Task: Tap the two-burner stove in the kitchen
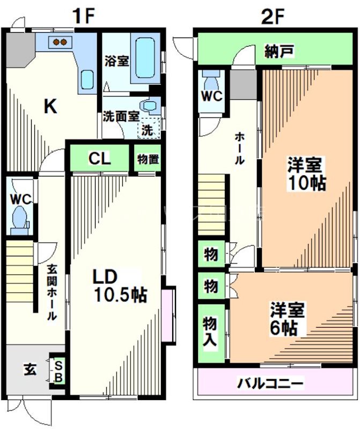click(60, 41)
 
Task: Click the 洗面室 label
click(121, 116)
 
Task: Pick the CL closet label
click(99, 158)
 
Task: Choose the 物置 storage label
click(147, 159)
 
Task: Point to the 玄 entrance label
click(30, 369)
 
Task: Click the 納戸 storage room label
click(279, 52)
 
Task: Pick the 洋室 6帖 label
click(288, 319)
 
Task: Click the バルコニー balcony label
click(270, 383)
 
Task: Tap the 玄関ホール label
click(50, 293)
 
